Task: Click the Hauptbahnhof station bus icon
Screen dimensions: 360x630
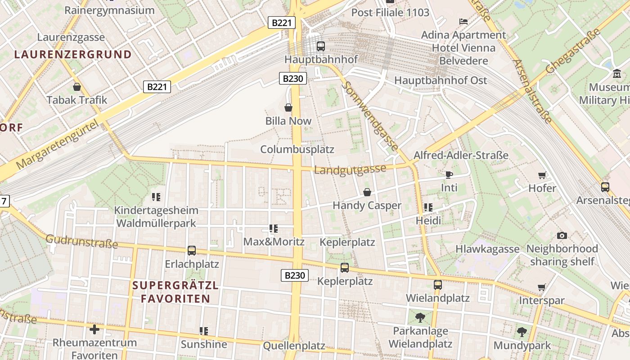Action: click(x=320, y=46)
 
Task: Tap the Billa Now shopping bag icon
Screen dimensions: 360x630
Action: click(x=288, y=108)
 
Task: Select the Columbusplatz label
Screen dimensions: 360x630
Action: click(x=297, y=149)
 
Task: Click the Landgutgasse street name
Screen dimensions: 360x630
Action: click(x=350, y=170)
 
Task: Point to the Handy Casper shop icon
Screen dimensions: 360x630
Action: click(x=367, y=192)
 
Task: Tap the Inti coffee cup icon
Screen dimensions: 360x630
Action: click(x=449, y=175)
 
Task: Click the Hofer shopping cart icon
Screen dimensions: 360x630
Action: click(x=542, y=175)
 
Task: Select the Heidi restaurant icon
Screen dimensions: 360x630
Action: click(x=428, y=207)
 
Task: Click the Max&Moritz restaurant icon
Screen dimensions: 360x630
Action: click(x=273, y=229)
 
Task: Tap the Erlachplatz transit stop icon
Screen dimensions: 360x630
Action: click(x=192, y=251)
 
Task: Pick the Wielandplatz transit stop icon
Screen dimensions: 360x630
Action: click(x=437, y=285)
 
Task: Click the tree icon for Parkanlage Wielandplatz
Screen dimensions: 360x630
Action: click(x=420, y=318)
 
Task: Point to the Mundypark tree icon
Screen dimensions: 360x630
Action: click(x=522, y=332)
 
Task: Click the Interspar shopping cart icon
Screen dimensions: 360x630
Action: click(x=542, y=287)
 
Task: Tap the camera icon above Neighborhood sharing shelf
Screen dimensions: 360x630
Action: click(x=562, y=235)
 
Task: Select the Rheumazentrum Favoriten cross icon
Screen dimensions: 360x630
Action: click(x=94, y=329)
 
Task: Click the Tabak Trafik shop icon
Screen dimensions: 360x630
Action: click(x=77, y=87)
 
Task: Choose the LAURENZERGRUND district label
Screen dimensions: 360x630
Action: click(x=73, y=55)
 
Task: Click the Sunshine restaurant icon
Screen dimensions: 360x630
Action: click(x=204, y=331)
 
